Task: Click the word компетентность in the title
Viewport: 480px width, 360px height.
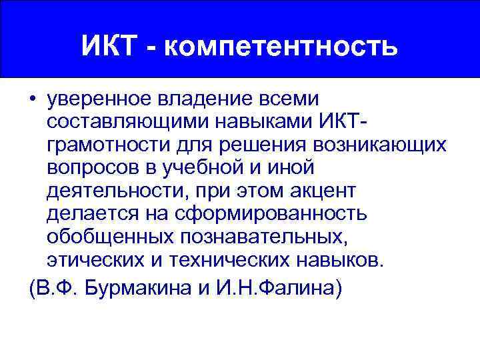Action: click(x=279, y=47)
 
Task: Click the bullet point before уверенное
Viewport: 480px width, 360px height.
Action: click(x=33, y=100)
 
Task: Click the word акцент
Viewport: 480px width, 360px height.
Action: click(x=323, y=191)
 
